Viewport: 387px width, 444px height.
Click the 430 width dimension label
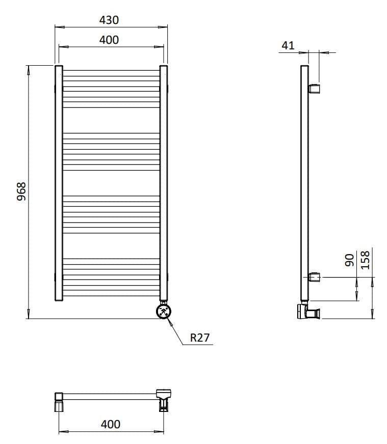pyautogui.click(x=109, y=20)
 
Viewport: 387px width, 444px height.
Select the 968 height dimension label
pyautogui.click(x=21, y=191)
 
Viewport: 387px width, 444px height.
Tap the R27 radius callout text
pyautogui.click(x=200, y=337)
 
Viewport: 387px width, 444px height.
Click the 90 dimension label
pyautogui.click(x=349, y=261)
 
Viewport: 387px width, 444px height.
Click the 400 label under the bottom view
pyautogui.click(x=111, y=424)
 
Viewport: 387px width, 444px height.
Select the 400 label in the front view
pyautogui.click(x=109, y=40)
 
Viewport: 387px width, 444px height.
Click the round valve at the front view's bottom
pyautogui.click(x=164, y=311)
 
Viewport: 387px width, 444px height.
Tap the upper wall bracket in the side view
pyautogui.click(x=315, y=89)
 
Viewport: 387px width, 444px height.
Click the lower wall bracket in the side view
pyautogui.click(x=315, y=277)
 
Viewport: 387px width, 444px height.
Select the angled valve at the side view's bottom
pyautogui.click(x=308, y=311)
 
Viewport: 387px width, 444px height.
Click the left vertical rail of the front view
pyautogui.click(x=59, y=183)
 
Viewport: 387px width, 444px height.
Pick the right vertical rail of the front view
pyautogui.click(x=164, y=183)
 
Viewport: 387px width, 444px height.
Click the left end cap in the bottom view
pyautogui.click(x=59, y=400)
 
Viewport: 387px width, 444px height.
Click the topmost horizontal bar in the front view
pyautogui.click(x=111, y=71)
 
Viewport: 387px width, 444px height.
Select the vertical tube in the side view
pyautogui.click(x=304, y=183)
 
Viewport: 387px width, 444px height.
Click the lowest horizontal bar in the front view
pyautogui.click(x=111, y=294)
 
